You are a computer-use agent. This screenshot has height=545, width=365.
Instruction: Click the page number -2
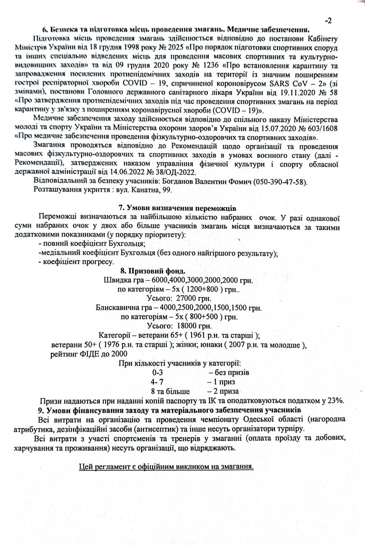[328, 20]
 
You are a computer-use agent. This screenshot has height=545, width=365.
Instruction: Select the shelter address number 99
[167, 190]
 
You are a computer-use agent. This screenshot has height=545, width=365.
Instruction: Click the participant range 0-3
[157, 373]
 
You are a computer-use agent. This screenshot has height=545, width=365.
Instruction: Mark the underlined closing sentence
[166, 466]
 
